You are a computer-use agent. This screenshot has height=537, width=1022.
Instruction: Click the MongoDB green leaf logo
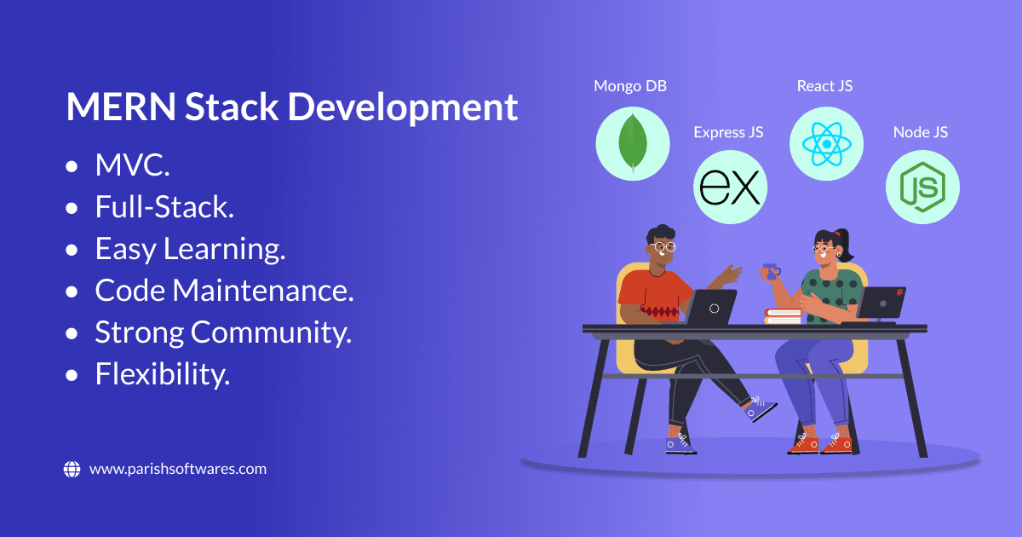pyautogui.click(x=632, y=142)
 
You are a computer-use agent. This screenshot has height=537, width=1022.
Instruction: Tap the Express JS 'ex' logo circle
pyautogui.click(x=730, y=187)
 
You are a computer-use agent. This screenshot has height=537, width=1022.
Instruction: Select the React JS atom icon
pyautogui.click(x=826, y=142)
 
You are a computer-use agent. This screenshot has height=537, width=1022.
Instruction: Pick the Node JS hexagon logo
pyautogui.click(x=922, y=187)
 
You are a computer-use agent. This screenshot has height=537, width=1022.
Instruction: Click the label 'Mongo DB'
pyautogui.click(x=630, y=86)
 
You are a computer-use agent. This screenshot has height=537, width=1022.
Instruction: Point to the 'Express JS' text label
pyautogui.click(x=728, y=132)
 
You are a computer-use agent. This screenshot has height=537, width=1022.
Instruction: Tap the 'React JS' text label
pyautogui.click(x=824, y=86)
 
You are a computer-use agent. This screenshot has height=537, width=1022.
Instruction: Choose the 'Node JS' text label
pyautogui.click(x=921, y=132)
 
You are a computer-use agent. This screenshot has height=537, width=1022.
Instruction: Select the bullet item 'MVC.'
pyautogui.click(x=132, y=165)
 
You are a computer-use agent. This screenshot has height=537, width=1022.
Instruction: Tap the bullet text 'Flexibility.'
pyautogui.click(x=163, y=374)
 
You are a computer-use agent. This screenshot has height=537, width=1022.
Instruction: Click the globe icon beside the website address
pyautogui.click(x=72, y=469)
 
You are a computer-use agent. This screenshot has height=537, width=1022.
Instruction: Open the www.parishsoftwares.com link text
pyautogui.click(x=177, y=469)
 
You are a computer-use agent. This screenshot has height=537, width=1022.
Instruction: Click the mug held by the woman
pyautogui.click(x=772, y=272)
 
